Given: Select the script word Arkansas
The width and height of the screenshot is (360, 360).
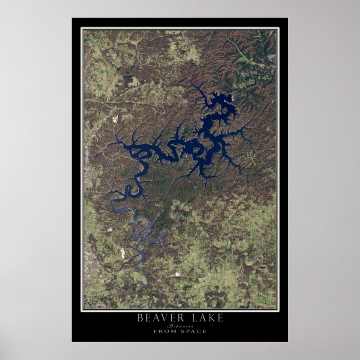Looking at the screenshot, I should pyautogui.click(x=179, y=325).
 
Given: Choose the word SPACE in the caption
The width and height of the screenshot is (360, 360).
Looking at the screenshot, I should pyautogui.click(x=193, y=331).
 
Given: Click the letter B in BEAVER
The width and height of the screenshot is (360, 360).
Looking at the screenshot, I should pyautogui.click(x=140, y=318).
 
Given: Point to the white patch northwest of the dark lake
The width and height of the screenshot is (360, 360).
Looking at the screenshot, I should pyautogui.click(x=116, y=119).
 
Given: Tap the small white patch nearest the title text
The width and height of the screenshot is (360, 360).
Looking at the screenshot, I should pyautogui.click(x=178, y=274).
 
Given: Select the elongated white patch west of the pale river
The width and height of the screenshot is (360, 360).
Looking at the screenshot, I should pyautogui.click(x=122, y=252).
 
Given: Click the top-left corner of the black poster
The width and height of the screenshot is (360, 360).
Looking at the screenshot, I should pyautogui.click(x=72, y=18).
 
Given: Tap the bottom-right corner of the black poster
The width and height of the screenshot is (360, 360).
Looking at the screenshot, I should pyautogui.click(x=287, y=342).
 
